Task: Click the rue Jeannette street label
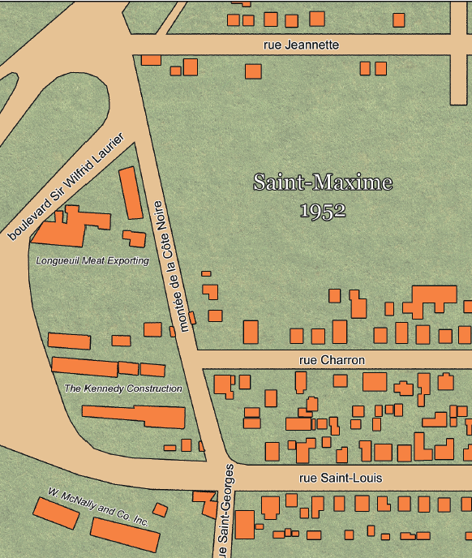(x=301, y=45)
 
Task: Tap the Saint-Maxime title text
(x=323, y=182)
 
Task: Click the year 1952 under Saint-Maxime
(x=323, y=211)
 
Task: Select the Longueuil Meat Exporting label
(x=92, y=261)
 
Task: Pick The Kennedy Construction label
(x=123, y=388)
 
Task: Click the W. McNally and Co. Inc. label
(x=97, y=508)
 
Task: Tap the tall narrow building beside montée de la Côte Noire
(x=131, y=192)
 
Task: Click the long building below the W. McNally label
(x=124, y=534)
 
